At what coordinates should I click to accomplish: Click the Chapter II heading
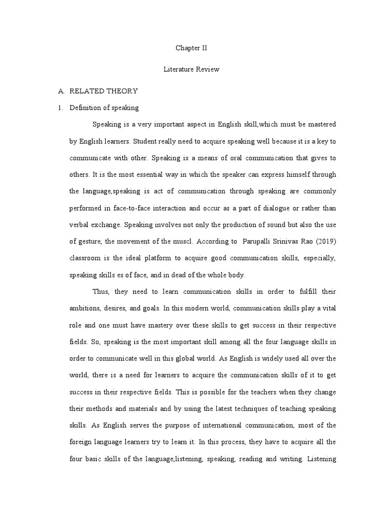(191, 48)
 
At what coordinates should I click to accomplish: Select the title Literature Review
(191, 70)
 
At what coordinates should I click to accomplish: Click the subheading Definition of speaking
(104, 108)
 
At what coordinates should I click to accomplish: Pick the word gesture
(88, 242)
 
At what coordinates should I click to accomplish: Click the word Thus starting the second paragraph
(101, 292)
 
